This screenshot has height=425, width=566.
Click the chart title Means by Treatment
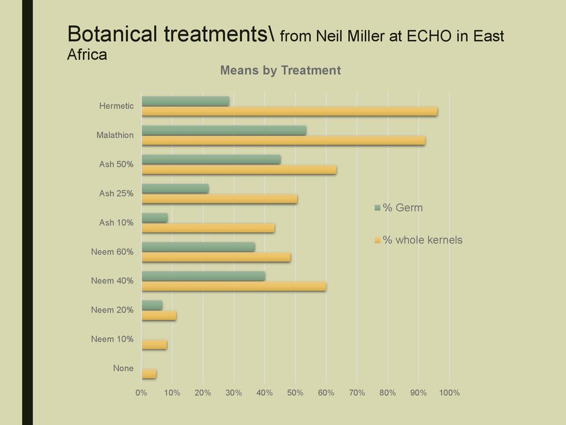280,71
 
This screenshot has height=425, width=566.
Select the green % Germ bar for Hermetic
185,101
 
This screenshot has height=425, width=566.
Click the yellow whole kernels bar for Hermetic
289,111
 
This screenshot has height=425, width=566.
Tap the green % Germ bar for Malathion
224,130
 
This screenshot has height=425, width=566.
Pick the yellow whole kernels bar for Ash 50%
239,170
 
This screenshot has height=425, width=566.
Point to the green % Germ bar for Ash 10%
154,217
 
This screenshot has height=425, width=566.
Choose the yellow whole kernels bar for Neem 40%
234,286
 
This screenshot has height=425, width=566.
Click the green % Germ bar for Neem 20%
152,305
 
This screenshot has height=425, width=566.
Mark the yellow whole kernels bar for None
149,374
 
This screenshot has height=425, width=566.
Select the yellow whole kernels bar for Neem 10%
154,345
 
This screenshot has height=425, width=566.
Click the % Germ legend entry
399,208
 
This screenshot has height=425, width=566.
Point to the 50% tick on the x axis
295,393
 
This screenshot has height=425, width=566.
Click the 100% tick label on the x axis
449,393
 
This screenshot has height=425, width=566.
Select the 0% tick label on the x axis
141,393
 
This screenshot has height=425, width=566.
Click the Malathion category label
115,135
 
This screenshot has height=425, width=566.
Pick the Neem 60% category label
112,252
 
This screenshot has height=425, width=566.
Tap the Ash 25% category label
116,194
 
